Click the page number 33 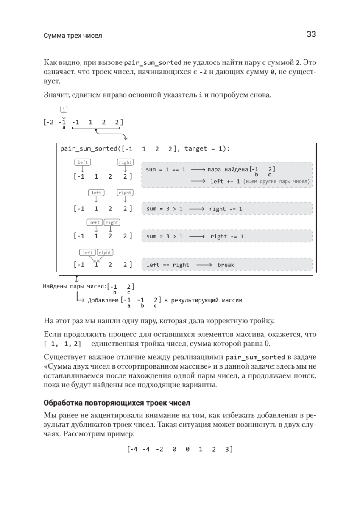(x=311, y=35)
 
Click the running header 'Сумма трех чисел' (x=73, y=36)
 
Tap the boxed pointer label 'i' (x=64, y=109)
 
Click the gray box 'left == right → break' (x=227, y=265)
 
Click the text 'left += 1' (x=225, y=181)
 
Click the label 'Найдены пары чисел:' (x=75, y=286)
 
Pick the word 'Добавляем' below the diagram (x=103, y=301)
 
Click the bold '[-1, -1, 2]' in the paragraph (x=63, y=343)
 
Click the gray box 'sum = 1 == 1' (x=227, y=175)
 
